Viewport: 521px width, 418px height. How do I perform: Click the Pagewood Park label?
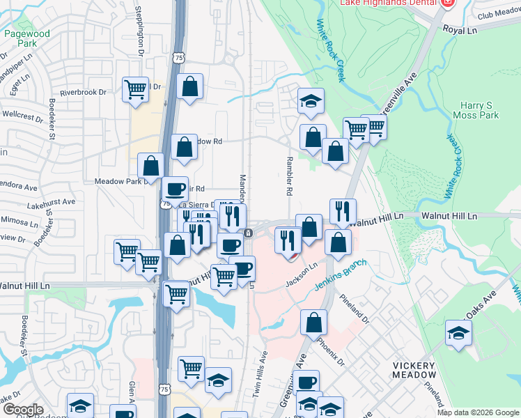26,38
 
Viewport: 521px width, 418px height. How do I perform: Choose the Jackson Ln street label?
302,275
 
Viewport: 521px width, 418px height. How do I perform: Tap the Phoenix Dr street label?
331,353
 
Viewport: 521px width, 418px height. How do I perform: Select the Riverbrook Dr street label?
83,92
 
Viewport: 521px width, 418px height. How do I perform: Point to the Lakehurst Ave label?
52,201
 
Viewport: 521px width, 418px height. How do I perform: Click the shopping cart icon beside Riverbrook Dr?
135,90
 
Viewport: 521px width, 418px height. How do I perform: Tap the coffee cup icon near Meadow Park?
175,189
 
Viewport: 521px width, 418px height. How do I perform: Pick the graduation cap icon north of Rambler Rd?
311,101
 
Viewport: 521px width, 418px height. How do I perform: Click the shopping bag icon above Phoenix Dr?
314,323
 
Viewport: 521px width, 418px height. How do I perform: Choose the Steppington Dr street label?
139,41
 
